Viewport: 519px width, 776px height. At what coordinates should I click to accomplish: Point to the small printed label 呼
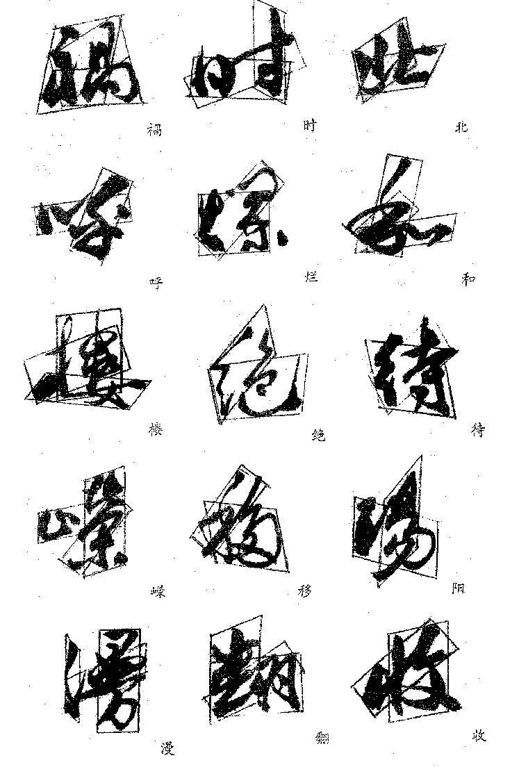click(x=156, y=281)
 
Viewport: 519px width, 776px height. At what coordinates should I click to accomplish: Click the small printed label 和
click(x=468, y=279)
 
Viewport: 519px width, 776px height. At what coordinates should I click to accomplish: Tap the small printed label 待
click(x=477, y=431)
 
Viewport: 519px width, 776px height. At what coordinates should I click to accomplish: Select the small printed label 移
click(x=306, y=591)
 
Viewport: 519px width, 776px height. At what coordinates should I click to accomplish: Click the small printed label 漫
click(x=167, y=750)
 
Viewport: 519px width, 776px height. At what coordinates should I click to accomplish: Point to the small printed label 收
click(x=478, y=735)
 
